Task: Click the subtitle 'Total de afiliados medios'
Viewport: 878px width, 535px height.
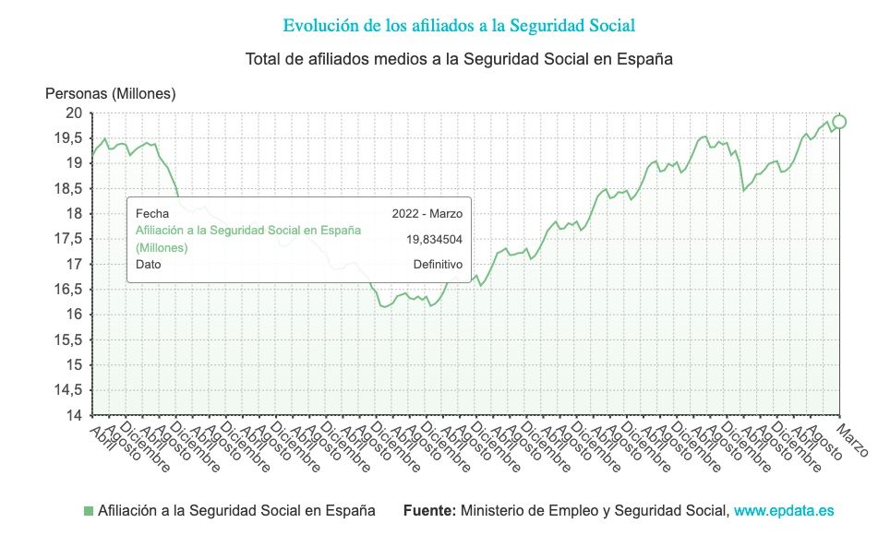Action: click(459, 59)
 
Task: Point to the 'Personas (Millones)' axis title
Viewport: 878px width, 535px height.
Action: click(110, 93)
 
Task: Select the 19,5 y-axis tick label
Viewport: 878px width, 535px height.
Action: click(67, 138)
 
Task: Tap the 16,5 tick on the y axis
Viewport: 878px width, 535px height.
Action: click(67, 290)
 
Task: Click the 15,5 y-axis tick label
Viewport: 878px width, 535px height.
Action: click(67, 339)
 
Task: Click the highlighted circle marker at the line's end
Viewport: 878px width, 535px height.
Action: click(839, 122)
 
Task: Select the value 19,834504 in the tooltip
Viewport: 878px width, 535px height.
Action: click(434, 239)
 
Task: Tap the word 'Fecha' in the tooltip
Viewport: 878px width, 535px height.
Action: click(151, 214)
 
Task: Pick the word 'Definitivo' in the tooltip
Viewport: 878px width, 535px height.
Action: click(438, 264)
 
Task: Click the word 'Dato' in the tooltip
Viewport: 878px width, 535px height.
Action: click(148, 264)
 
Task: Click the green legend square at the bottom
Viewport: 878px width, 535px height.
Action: click(89, 510)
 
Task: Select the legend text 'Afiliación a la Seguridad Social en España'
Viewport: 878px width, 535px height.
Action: click(236, 510)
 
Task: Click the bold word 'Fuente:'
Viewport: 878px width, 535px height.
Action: click(429, 510)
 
